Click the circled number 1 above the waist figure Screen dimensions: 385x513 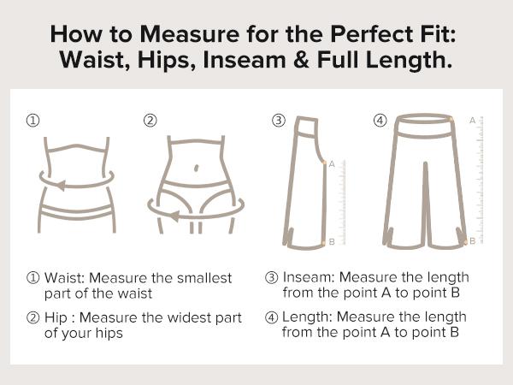(x=32, y=121)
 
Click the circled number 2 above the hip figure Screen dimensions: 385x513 (x=150, y=121)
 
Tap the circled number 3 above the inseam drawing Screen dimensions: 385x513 (x=278, y=121)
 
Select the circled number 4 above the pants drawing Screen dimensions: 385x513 (x=380, y=121)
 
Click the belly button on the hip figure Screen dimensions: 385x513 (x=198, y=167)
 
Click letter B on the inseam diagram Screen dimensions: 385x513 (x=332, y=242)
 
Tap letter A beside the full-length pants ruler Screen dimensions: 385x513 (x=472, y=121)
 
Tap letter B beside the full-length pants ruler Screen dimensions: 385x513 (x=472, y=241)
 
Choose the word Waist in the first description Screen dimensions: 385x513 (x=64, y=278)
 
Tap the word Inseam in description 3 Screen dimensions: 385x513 (x=306, y=278)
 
